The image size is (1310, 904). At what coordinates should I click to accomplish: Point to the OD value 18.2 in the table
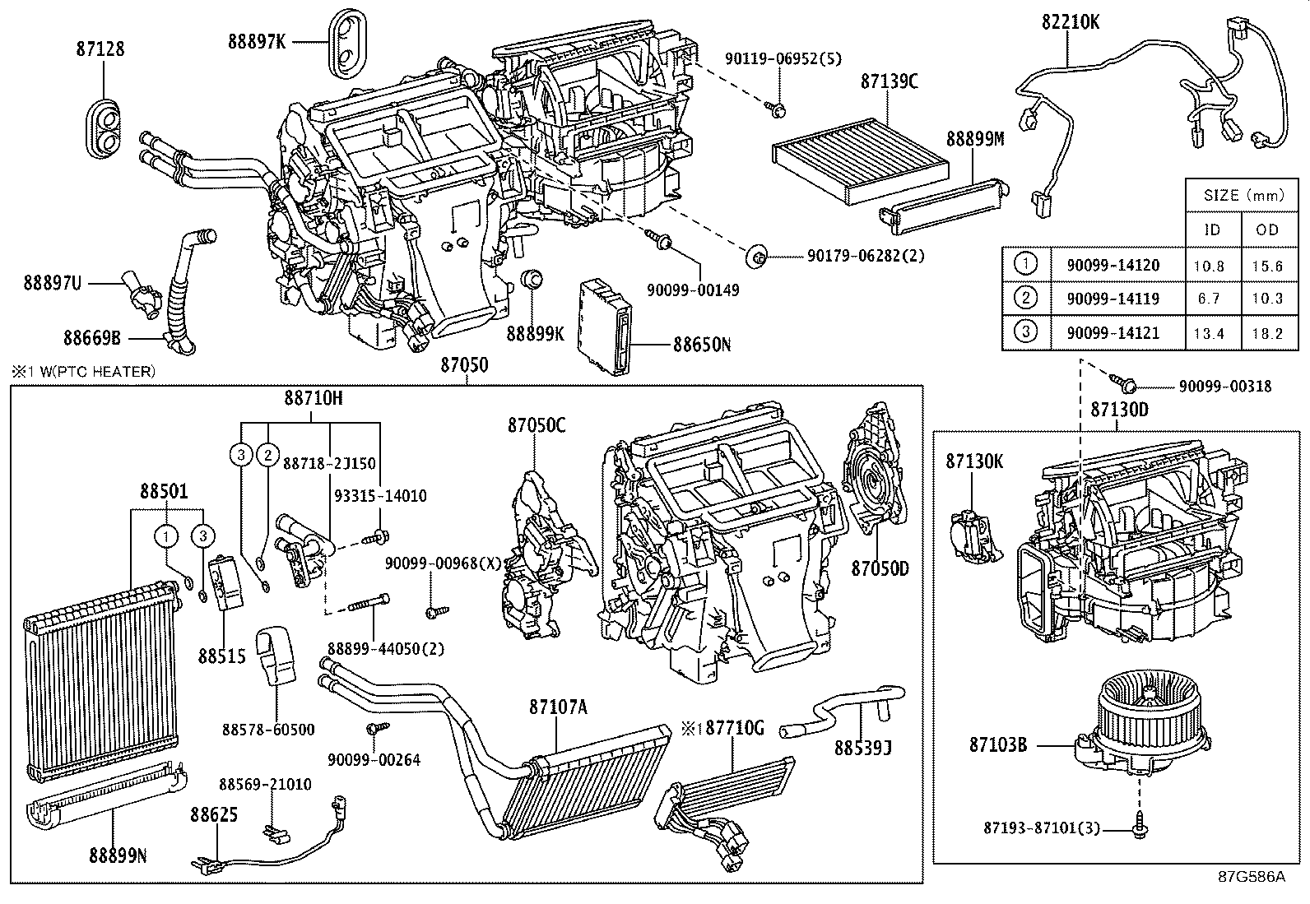coord(1266,333)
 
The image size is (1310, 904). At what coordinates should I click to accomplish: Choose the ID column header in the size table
coord(1212,229)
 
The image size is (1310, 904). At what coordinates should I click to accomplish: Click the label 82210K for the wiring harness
coord(1070,22)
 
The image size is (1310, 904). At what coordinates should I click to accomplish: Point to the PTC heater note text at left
coord(82,372)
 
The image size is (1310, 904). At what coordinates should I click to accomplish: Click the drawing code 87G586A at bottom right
coord(1250,876)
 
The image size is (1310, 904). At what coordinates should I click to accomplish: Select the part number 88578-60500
coord(279,730)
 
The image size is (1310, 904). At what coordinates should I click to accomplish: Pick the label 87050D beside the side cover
coord(880,568)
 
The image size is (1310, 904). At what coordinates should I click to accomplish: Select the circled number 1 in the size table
coord(1025,265)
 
